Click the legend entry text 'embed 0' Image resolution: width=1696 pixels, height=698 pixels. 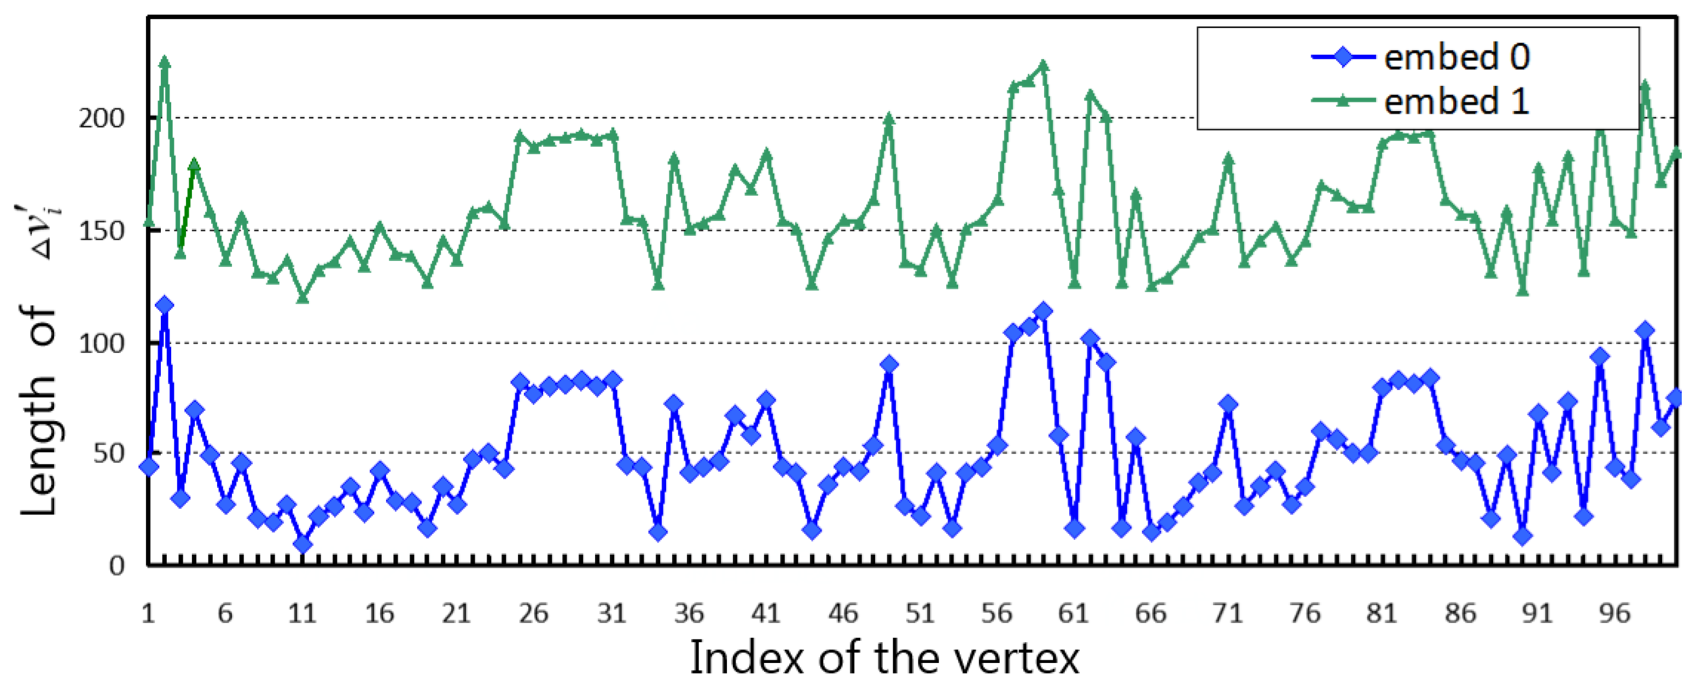[x=1456, y=57]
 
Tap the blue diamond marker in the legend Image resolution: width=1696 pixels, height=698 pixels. [x=1343, y=57]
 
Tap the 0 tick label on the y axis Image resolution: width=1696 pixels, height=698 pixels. [x=116, y=566]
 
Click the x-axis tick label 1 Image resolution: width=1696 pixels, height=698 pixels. [x=148, y=614]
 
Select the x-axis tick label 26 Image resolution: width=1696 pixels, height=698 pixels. [x=533, y=614]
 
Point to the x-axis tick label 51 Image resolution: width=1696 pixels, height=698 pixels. [x=920, y=614]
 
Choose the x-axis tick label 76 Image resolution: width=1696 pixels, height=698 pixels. [x=1305, y=614]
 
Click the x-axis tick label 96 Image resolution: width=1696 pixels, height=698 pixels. [x=1615, y=614]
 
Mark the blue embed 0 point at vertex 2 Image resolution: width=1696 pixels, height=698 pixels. [x=165, y=306]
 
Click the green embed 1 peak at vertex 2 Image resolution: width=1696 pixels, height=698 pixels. [x=165, y=62]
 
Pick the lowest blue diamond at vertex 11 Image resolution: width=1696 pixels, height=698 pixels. [x=303, y=544]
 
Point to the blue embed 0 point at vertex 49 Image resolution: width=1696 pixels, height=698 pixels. [x=889, y=364]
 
